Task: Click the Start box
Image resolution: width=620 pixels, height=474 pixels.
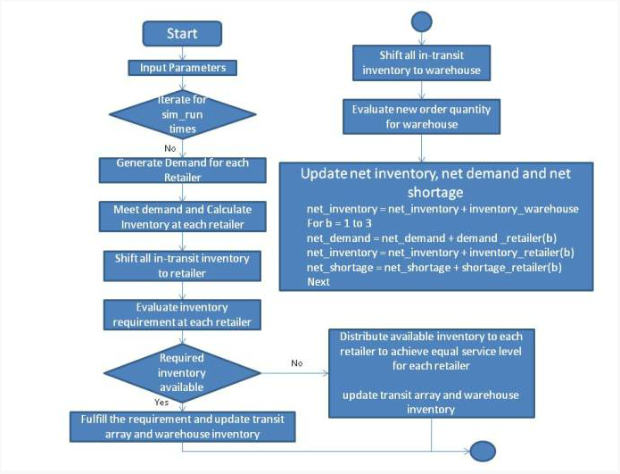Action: [182, 34]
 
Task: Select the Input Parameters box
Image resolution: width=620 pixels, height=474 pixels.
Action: [182, 68]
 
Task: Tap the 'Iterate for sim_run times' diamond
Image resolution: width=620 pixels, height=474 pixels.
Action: [182, 114]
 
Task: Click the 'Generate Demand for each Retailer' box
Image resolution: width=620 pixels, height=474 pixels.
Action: [182, 170]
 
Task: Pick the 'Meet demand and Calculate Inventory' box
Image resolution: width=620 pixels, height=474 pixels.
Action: [182, 217]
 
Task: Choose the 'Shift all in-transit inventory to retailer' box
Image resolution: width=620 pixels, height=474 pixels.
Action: [182, 266]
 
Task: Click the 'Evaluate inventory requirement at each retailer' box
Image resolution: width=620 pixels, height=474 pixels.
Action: [182, 315]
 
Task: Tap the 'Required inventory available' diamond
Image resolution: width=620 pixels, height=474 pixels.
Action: [182, 373]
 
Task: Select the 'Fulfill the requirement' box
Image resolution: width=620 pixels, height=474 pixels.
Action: [182, 427]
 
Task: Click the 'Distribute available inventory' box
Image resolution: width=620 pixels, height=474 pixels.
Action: [432, 373]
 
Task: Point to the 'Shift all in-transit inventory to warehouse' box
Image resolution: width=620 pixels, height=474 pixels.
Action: [421, 62]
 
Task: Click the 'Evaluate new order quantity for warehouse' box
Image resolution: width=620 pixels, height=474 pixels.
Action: [421, 117]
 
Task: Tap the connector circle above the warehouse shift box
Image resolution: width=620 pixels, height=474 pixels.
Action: [421, 21]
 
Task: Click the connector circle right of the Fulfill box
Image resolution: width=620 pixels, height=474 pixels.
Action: [483, 451]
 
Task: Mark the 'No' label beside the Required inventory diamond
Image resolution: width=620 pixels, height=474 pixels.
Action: [297, 363]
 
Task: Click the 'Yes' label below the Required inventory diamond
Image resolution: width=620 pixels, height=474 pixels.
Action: [161, 403]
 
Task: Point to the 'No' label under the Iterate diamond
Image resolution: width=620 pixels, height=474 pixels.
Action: [170, 148]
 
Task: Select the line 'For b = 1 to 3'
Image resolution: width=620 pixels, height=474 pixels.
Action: [339, 223]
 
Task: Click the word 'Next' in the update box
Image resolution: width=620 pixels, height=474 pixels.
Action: [318, 282]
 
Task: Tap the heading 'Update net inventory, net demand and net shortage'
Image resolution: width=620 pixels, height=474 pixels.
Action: [435, 182]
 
